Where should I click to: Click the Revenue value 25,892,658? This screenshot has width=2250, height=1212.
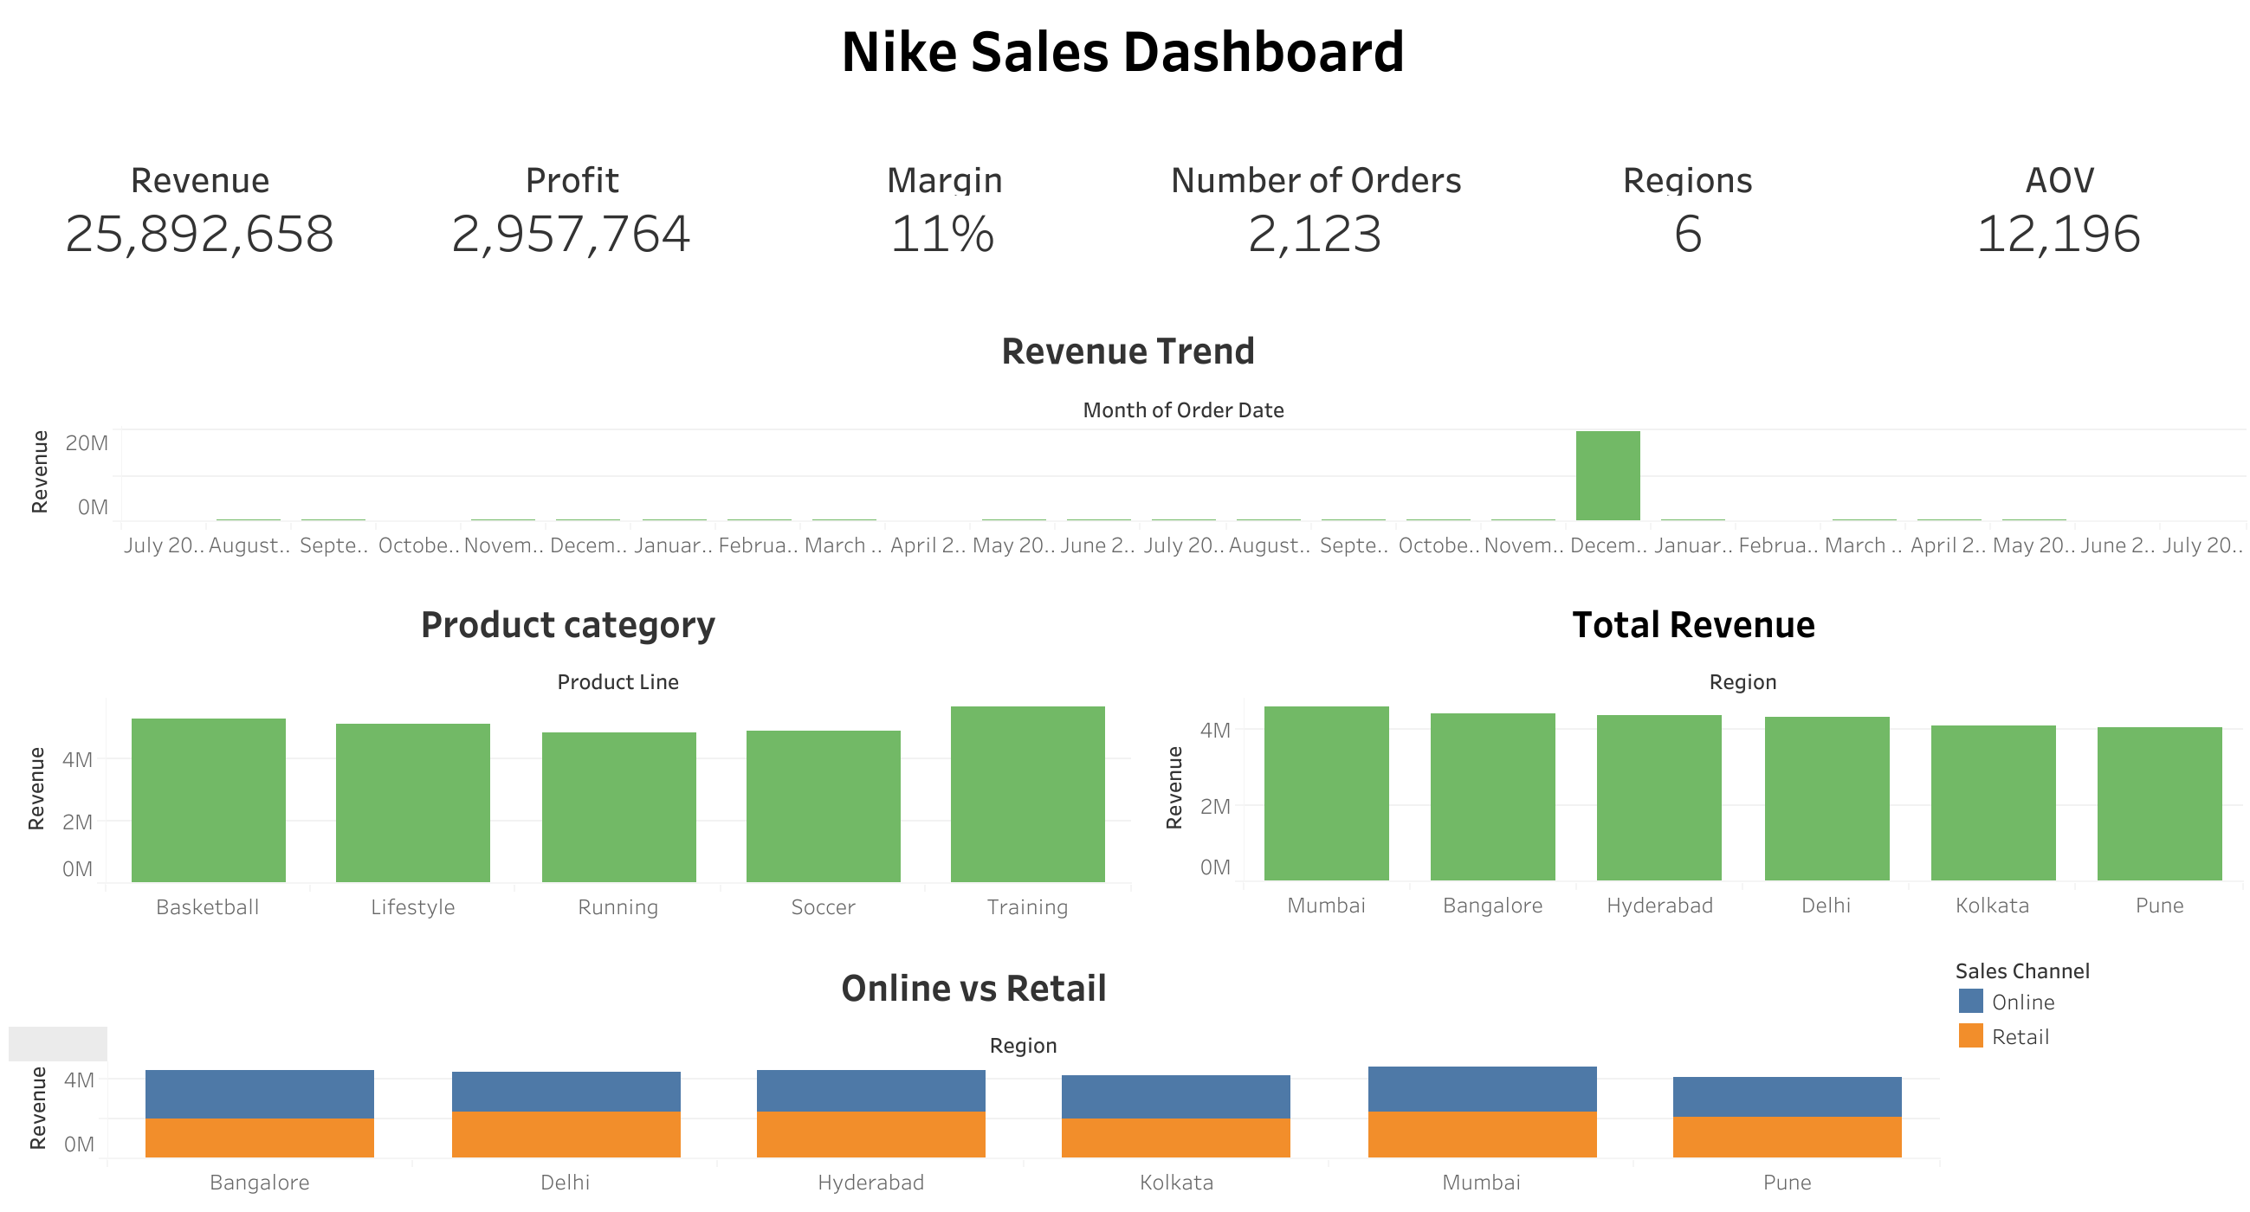199,234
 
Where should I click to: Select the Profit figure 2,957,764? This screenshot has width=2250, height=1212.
571,234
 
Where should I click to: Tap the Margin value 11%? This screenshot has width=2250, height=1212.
942,234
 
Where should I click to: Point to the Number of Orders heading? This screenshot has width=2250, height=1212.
1316,181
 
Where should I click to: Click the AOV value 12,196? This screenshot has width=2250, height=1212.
2058,234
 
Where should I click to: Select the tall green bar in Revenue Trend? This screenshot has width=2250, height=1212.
1607,476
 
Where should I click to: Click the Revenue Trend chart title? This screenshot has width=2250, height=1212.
1127,351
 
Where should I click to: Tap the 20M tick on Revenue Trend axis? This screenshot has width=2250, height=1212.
87,443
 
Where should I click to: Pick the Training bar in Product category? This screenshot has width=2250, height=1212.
1027,795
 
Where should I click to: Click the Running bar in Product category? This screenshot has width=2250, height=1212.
618,808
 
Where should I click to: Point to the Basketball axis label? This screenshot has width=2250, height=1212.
208,907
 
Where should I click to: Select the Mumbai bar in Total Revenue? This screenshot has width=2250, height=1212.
1326,795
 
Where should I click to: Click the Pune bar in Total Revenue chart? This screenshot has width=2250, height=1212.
2158,804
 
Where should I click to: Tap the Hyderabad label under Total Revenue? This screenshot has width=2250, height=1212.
1658,906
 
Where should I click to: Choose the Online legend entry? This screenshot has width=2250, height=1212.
2022,1002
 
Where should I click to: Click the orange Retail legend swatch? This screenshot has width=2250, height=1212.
1970,1036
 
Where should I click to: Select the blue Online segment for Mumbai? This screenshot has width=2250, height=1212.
1481,1090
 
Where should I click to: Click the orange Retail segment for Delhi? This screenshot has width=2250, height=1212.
566,1135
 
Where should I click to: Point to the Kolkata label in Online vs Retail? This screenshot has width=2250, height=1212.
1175,1183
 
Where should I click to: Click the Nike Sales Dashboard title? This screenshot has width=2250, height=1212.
1122,53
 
